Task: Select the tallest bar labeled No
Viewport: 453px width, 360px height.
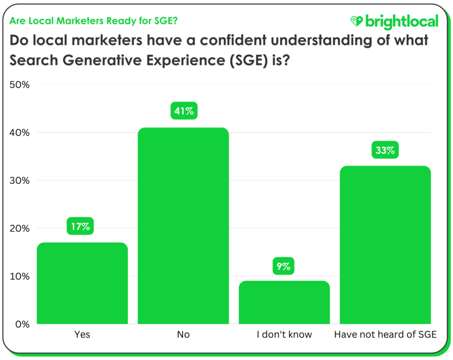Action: pos(183,226)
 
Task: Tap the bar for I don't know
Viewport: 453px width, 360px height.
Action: pos(284,303)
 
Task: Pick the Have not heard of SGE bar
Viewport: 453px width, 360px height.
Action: pos(385,245)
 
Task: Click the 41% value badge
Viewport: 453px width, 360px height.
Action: pos(183,111)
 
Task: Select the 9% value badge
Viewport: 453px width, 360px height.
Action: pos(284,266)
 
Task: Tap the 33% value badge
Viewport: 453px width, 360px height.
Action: pos(385,150)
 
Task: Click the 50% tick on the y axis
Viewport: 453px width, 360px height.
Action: pos(19,85)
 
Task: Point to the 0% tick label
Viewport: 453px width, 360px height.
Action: pos(22,324)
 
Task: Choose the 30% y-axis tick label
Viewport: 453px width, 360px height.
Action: pos(19,181)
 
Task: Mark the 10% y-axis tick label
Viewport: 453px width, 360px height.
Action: pos(19,276)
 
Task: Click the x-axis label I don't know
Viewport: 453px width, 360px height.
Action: pos(284,335)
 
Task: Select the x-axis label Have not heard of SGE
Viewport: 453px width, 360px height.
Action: pos(385,335)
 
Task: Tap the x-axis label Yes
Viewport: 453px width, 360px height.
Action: pos(82,335)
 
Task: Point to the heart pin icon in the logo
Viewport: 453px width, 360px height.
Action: pos(357,21)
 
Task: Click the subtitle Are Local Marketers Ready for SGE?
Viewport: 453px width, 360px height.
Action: pos(94,21)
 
